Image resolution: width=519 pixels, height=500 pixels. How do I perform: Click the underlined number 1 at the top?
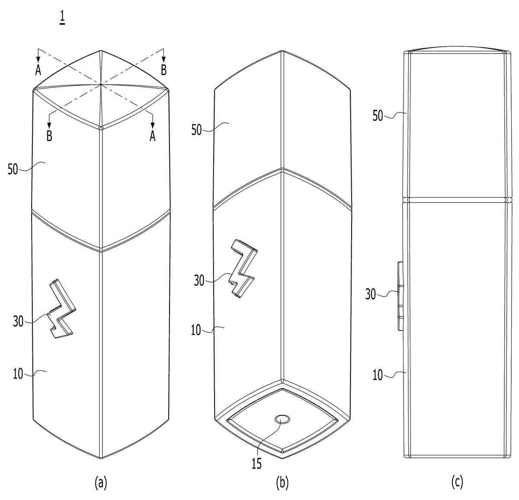click(62, 19)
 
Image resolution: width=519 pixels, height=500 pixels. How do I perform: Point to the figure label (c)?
click(457, 482)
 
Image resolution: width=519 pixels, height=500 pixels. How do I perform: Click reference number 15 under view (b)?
click(256, 464)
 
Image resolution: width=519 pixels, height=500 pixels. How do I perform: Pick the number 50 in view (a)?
click(13, 169)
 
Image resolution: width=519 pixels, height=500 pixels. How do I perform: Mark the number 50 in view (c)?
click(378, 116)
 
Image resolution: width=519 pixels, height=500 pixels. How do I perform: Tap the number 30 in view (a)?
click(18, 322)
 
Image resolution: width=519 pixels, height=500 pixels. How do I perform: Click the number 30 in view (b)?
click(199, 280)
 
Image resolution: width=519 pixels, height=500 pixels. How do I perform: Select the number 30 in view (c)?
click(371, 294)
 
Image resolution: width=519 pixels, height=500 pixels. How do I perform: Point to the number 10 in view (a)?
click(18, 374)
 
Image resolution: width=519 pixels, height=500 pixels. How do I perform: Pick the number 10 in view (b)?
click(196, 331)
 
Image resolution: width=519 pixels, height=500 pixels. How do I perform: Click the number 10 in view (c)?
click(378, 376)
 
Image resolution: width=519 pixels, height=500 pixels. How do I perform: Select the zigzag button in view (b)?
click(243, 269)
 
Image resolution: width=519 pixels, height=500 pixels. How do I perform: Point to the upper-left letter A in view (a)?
click(38, 70)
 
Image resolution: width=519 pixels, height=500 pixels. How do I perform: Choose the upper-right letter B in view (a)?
click(164, 70)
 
